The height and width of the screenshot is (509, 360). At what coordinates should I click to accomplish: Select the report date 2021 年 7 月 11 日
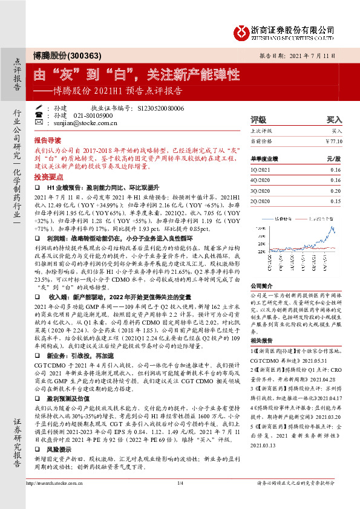[318, 55]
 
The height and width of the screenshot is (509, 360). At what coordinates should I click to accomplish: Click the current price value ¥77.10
[333, 141]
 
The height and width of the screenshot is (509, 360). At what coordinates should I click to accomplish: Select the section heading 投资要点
[48, 177]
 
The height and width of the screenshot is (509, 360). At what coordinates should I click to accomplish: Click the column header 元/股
[334, 158]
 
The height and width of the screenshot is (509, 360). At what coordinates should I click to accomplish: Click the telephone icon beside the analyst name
[39, 115]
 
